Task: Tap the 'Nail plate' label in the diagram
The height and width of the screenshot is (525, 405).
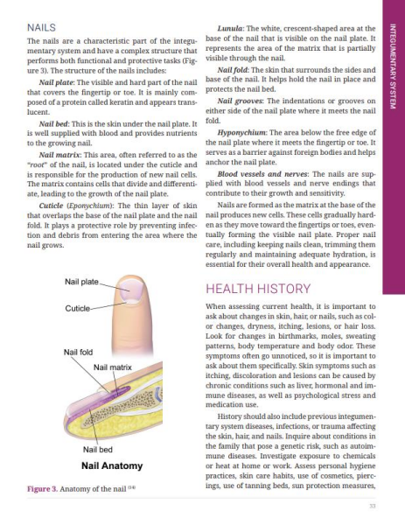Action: click(x=81, y=282)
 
